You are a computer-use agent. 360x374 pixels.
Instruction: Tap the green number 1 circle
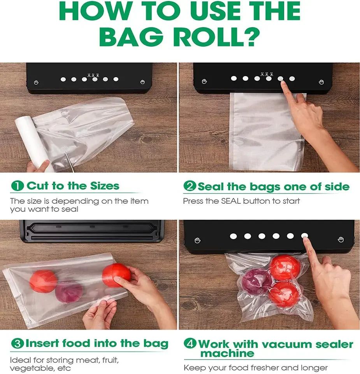18,186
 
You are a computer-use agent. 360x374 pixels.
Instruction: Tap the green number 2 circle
190,186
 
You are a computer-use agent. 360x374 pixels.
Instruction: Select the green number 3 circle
17,344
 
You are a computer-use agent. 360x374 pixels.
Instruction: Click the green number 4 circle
190,344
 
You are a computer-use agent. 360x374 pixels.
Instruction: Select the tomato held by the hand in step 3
116,274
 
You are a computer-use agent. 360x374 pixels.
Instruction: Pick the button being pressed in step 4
304,236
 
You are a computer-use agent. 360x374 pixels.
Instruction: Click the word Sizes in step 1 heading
104,186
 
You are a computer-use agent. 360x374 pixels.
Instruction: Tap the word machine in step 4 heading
227,353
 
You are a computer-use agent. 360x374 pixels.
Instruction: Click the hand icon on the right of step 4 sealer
341,240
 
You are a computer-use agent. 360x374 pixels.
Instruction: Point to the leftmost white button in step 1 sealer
63,79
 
